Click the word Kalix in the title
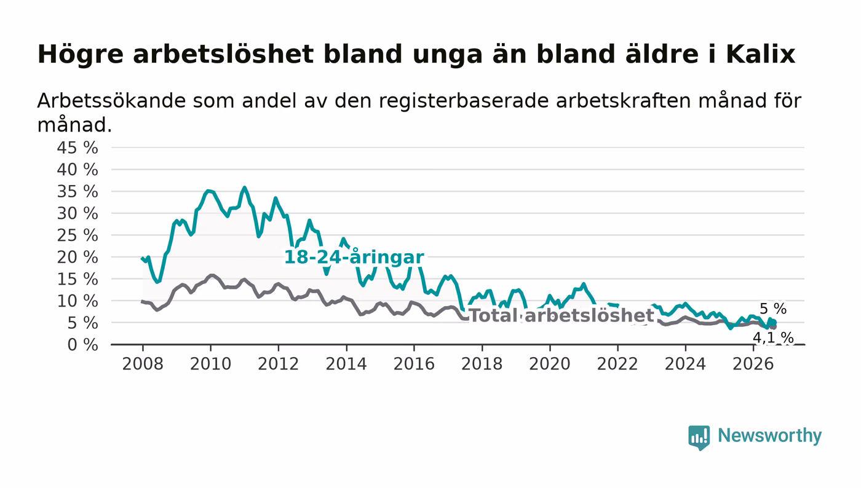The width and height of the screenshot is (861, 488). (x=760, y=54)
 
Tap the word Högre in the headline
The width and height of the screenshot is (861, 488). (x=81, y=55)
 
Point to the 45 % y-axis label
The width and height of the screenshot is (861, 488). (x=77, y=148)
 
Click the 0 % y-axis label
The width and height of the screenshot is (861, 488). (x=82, y=345)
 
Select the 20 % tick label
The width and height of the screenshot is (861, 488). (x=77, y=257)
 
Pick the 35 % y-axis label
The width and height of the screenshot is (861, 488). (x=77, y=191)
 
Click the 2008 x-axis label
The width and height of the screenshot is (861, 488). (x=143, y=364)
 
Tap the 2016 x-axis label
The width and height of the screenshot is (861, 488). (x=414, y=364)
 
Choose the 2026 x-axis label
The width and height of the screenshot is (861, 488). (x=753, y=364)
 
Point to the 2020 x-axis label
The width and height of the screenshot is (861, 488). (x=550, y=364)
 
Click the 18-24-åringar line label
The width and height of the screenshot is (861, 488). (x=354, y=257)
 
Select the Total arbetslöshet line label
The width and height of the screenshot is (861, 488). (x=561, y=315)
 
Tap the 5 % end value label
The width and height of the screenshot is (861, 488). (x=773, y=308)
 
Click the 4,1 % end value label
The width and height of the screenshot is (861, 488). (x=773, y=338)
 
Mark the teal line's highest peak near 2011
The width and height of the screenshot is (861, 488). (x=244, y=187)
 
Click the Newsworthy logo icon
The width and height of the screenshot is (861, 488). (x=699, y=437)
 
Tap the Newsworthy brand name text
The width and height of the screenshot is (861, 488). (x=769, y=435)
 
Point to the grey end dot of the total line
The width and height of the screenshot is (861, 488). (x=774, y=326)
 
